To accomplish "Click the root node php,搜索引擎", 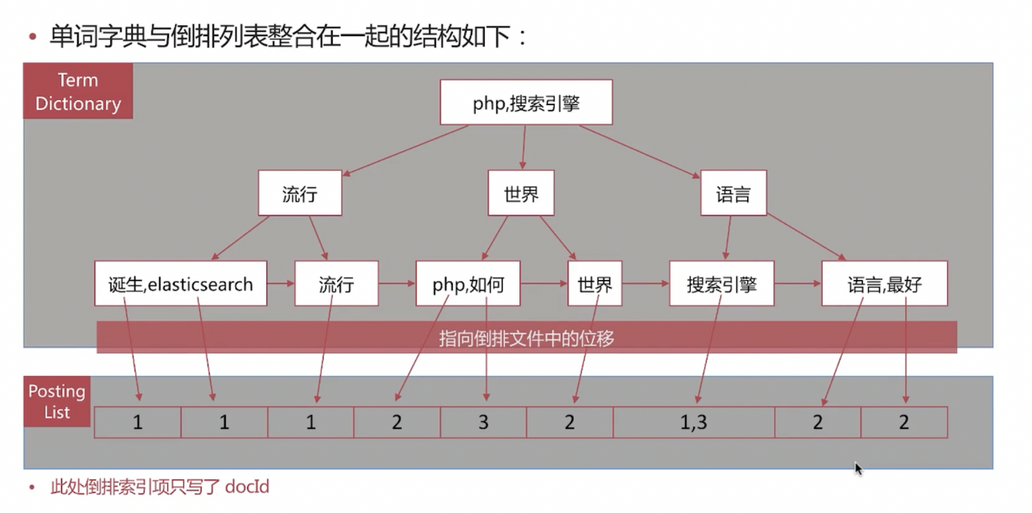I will pos(526,103).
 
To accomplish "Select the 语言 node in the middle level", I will pos(733,194).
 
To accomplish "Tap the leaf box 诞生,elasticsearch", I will pos(181,284).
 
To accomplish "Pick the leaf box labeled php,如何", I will pos(467,284).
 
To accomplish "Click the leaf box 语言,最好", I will pos(884,284).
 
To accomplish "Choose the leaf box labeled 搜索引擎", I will pos(721,284).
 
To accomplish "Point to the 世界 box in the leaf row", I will pos(594,284).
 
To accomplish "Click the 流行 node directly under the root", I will pos(300,194).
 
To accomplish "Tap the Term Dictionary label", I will pos(78,92).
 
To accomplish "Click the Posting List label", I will pos(57,402).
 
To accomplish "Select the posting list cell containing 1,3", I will pos(693,422).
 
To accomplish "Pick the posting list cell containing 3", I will pos(483,422).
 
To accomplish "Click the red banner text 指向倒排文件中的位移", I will pos(526,338).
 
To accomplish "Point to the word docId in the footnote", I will pos(247,486).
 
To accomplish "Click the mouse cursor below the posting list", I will pos(858,468).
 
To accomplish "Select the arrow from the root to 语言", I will pos(639,151).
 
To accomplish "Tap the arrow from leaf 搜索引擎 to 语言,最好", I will pos(798,284).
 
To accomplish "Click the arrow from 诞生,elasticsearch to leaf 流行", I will pos(281,284).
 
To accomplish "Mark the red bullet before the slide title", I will pos(33,37).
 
